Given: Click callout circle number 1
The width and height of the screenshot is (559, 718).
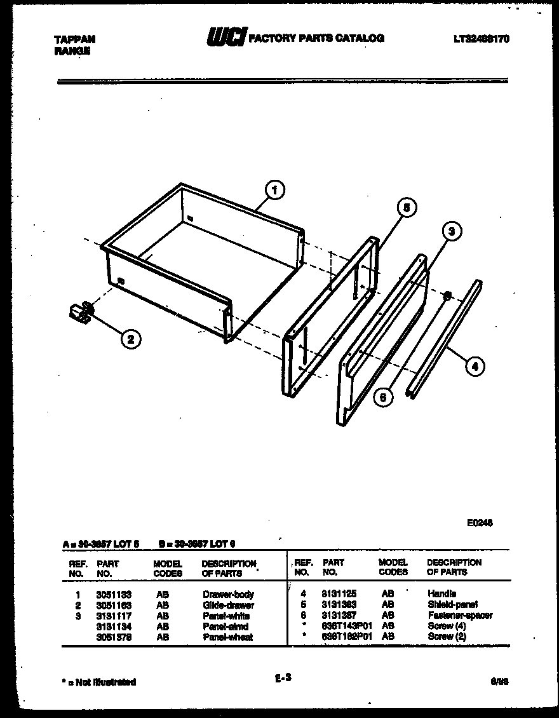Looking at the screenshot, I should click(274, 189).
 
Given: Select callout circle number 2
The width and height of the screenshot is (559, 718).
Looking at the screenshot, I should click(130, 339).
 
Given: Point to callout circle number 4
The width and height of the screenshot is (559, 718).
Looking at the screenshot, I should click(473, 366).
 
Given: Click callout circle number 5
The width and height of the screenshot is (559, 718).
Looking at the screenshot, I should click(407, 207).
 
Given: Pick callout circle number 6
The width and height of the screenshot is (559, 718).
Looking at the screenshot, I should click(382, 397).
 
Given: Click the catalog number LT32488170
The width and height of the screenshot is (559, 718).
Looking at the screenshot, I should click(482, 39).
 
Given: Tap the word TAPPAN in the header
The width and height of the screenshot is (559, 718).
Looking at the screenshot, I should click(75, 39).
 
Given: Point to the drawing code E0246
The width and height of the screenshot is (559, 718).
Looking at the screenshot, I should click(480, 523).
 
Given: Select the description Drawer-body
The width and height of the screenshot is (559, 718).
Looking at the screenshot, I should click(228, 595).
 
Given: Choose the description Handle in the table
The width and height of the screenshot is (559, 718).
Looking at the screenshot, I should click(441, 594).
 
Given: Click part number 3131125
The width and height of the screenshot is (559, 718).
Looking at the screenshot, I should click(339, 594).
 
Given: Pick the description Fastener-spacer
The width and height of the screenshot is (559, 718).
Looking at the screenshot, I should click(459, 615).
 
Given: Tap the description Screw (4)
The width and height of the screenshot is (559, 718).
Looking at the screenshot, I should click(447, 626).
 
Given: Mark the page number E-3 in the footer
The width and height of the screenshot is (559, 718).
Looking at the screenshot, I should click(283, 678).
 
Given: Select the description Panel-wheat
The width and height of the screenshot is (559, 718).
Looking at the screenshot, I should click(227, 637).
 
